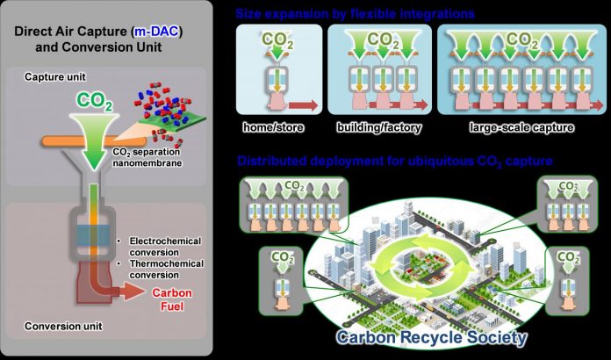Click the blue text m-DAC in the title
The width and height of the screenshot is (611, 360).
click(156, 32)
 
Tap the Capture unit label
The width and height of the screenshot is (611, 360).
click(55, 76)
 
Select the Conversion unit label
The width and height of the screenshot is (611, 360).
click(63, 326)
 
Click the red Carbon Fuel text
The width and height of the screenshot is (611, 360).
click(172, 299)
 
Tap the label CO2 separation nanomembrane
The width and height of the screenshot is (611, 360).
click(147, 157)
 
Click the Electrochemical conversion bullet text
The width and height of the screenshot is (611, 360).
click(165, 247)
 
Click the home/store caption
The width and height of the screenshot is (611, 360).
click(273, 127)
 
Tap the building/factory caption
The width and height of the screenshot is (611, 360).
click(378, 127)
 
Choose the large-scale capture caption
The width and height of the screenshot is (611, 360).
click(521, 127)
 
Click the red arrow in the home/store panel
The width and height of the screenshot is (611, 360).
click(303, 105)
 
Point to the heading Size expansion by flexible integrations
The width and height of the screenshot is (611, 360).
click(355, 14)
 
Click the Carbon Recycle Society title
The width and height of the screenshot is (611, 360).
click(432, 337)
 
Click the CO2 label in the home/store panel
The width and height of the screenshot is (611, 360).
click(278, 40)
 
